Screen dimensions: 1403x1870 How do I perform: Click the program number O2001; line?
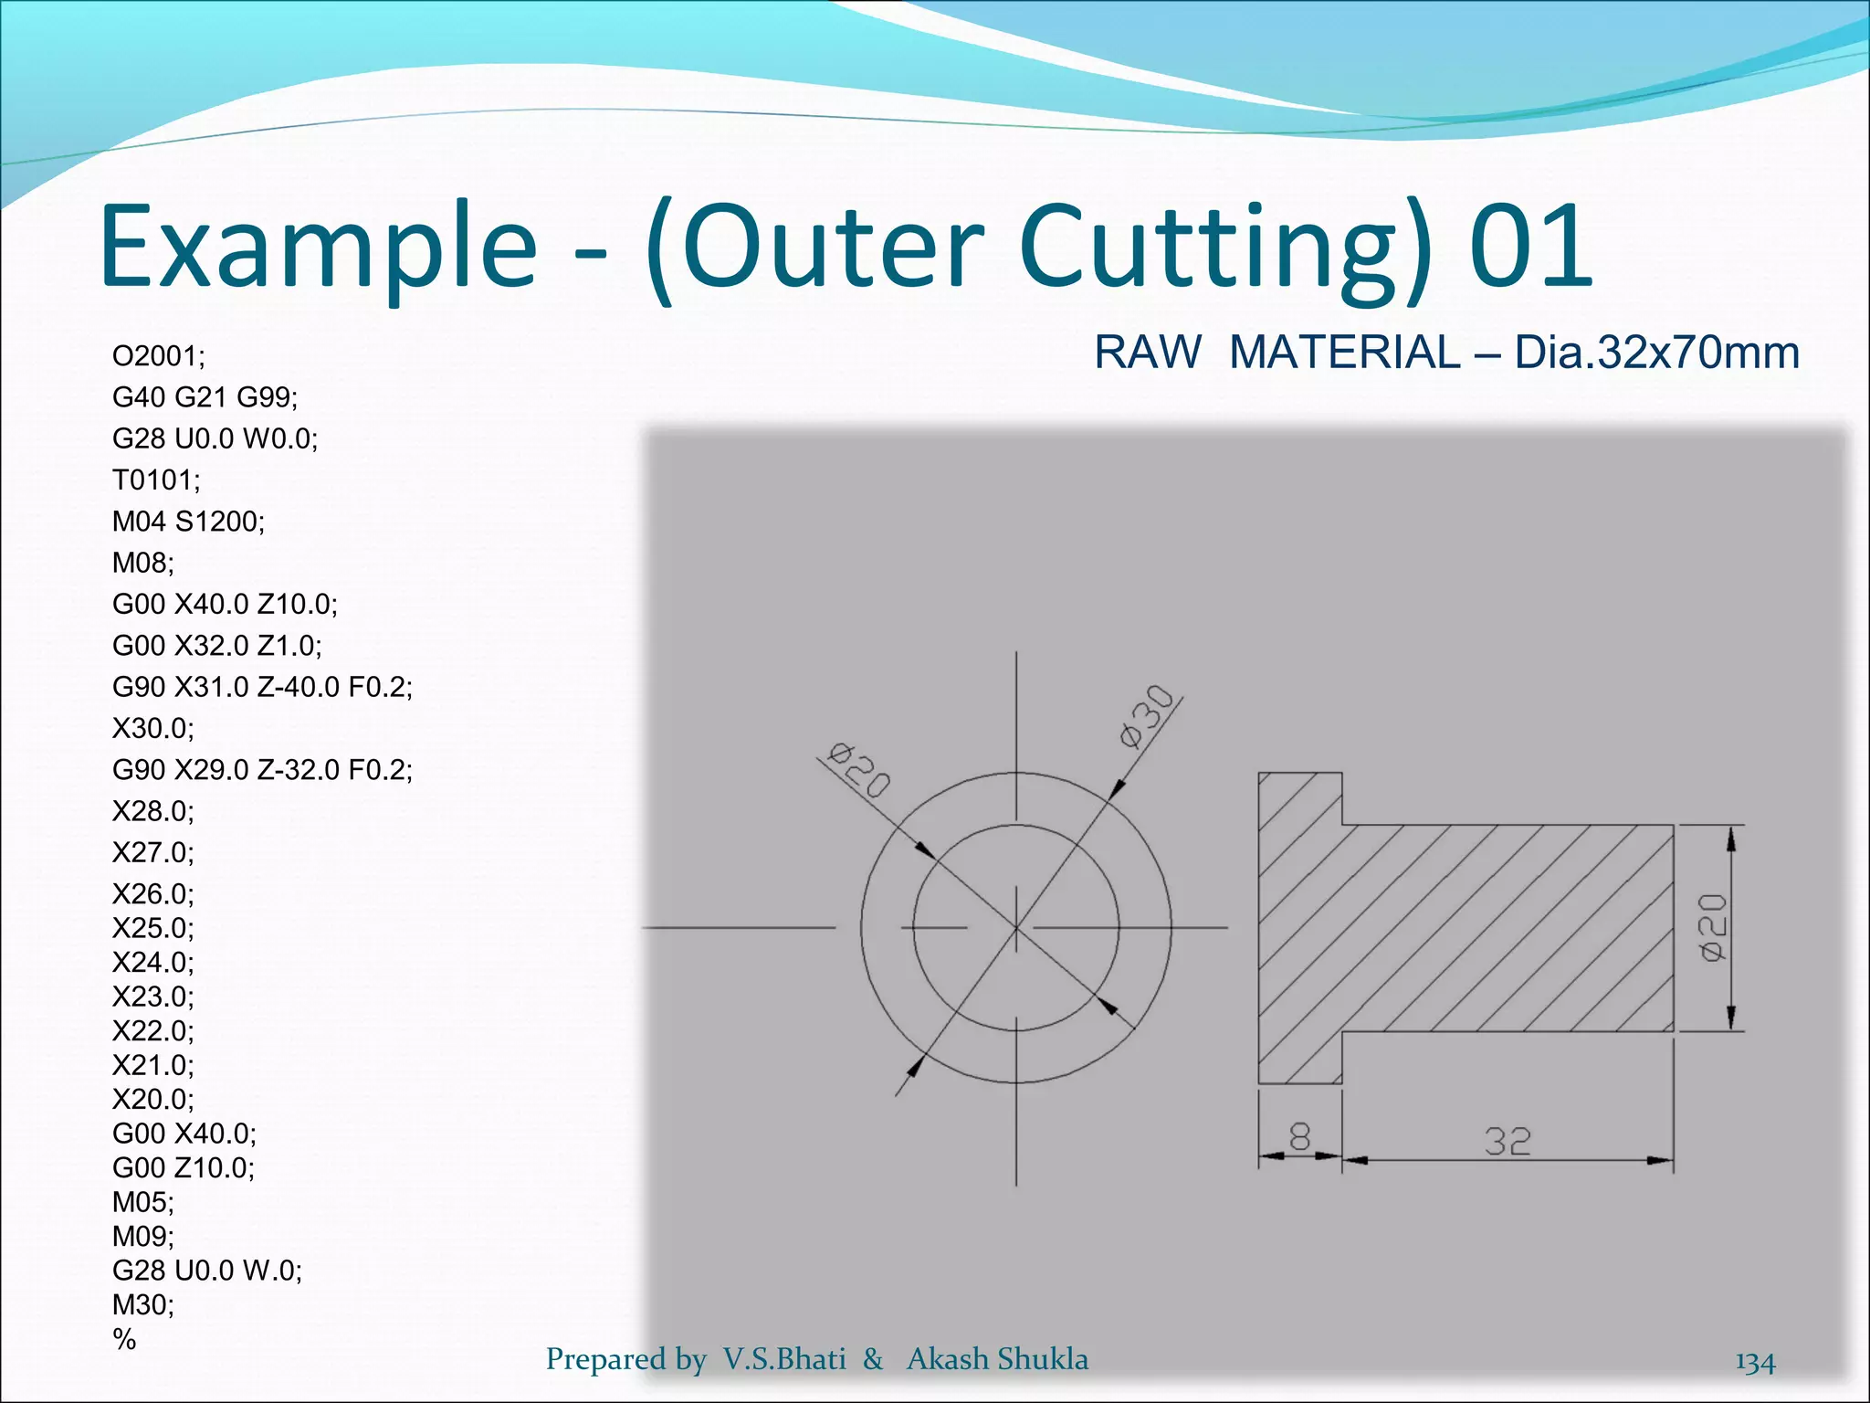coord(159,355)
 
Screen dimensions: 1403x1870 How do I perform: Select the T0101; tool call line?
coord(156,480)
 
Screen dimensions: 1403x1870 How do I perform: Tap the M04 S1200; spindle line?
coord(188,521)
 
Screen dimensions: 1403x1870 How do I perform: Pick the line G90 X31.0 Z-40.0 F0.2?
coord(262,687)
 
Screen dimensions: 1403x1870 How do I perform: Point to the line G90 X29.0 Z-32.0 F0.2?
coord(262,770)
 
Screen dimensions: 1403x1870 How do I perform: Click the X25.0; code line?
coord(152,928)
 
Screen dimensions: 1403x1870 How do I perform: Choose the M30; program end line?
coord(142,1304)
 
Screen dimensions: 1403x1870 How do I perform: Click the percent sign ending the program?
coord(124,1339)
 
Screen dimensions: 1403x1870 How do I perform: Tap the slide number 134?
coord(1755,1362)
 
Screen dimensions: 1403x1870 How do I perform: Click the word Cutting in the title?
coord(1224,247)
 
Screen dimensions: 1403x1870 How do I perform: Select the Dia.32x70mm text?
coord(1656,353)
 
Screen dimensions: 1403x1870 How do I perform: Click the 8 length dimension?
coord(1299,1137)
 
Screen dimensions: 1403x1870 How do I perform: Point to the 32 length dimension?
coord(1507,1141)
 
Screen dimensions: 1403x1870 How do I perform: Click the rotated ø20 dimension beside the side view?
coord(1713,927)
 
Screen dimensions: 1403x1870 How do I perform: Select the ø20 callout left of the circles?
coord(857,769)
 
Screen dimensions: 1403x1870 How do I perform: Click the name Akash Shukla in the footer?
coord(997,1359)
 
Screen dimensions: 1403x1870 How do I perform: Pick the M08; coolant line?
coord(142,563)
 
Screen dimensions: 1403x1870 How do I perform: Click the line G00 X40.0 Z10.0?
coord(225,604)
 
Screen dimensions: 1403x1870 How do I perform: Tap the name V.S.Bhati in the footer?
coord(784,1359)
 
